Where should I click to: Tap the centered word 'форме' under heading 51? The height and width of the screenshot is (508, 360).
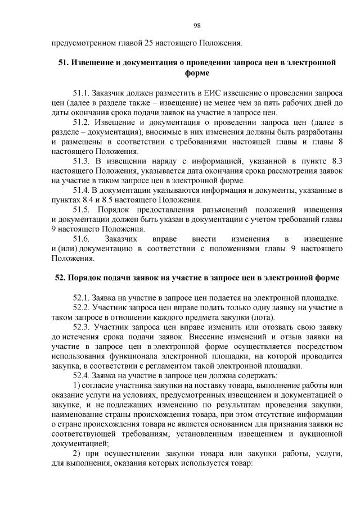(197, 72)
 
